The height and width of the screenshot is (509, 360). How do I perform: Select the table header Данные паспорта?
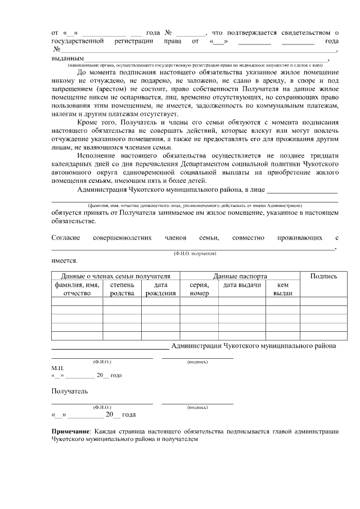point(240,276)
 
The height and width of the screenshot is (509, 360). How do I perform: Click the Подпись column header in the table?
point(323,276)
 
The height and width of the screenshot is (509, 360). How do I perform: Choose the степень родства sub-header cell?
point(122,289)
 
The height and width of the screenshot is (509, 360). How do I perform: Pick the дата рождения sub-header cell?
point(160,289)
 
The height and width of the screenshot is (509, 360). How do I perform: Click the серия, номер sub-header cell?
point(199,289)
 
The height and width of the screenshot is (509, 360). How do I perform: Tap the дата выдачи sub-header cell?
point(242,285)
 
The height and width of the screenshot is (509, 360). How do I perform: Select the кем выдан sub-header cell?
point(283,289)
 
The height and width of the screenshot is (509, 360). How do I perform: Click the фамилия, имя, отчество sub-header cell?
point(77,289)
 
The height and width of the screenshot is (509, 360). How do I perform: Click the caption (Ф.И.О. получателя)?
point(195,254)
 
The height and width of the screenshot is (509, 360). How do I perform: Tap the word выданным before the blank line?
point(67,58)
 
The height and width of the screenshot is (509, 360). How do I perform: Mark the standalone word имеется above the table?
point(65,261)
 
